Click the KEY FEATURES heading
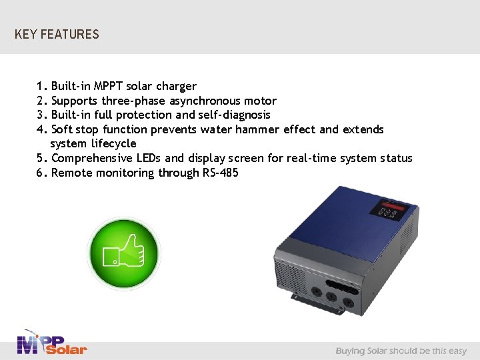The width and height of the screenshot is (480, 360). pos(57,34)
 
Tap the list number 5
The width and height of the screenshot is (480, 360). pos(41,158)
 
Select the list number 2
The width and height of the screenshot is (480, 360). pos(41,101)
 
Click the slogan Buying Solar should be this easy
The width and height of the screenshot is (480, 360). pos(401,351)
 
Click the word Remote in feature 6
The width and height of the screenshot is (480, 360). pos(71,173)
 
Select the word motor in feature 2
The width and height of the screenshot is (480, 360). pos(261,101)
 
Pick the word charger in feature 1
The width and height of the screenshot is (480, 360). pos(176,86)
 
